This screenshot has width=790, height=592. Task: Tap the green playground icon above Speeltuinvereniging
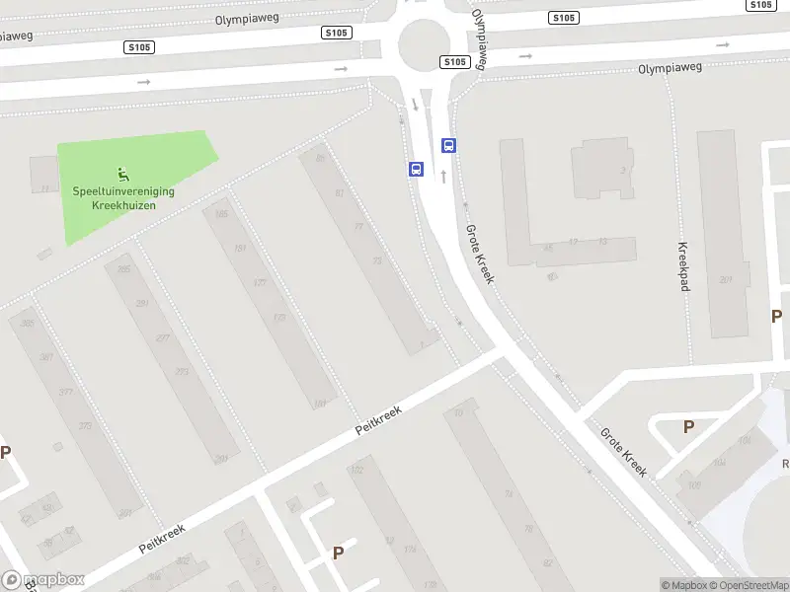click(x=122, y=176)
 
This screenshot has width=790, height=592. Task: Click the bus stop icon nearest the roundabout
click(x=449, y=146)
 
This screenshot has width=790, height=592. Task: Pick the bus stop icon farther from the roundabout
click(x=417, y=170)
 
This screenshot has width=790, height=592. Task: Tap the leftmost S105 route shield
click(x=137, y=46)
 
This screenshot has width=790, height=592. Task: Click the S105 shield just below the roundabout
click(x=453, y=61)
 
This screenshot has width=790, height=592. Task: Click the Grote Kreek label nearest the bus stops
click(x=479, y=254)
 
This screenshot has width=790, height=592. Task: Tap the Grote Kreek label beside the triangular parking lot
click(x=623, y=451)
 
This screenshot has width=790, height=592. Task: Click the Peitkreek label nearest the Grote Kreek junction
click(x=380, y=420)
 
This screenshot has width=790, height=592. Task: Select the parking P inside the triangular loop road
click(x=688, y=426)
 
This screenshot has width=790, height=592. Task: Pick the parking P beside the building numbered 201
click(x=777, y=316)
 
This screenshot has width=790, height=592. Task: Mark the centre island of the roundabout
click(x=425, y=42)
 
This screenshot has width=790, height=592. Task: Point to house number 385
click(x=28, y=323)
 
